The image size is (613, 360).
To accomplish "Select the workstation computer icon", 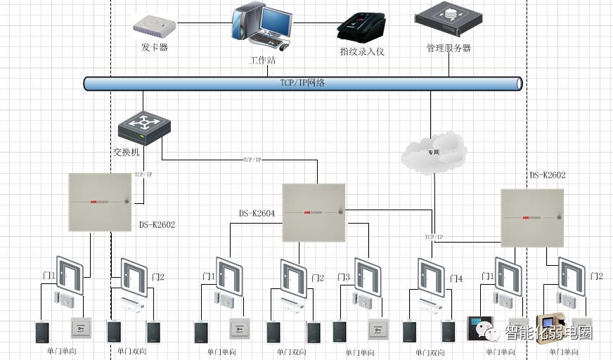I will point(259,27).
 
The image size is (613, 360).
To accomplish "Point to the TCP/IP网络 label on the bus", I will point(302,83).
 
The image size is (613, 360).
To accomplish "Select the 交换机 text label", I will point(127,152).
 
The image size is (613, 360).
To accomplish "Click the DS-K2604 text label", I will point(257,213).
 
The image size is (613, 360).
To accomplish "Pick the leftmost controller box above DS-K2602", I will point(100,202).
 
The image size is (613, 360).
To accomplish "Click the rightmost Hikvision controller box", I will point(532,218).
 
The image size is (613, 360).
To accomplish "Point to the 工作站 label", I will point(262,60).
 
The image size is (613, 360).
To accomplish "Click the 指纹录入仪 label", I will point(362,51).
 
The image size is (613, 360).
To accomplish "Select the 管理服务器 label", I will point(449,49).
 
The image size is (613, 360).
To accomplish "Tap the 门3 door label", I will point(343,278).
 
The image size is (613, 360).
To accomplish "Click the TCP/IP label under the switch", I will point(143,174).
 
